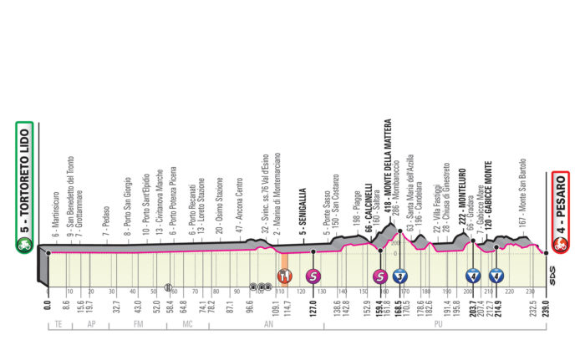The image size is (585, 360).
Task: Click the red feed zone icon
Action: pos(285,275)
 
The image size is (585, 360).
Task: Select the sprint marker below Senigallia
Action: pos(313,275)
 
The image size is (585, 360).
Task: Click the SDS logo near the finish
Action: pos(552,271)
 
